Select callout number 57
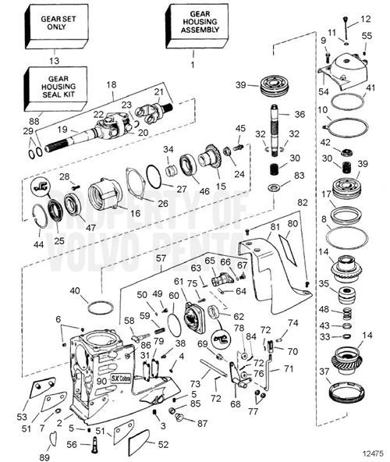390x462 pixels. [161, 257]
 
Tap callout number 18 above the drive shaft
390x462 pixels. [111, 84]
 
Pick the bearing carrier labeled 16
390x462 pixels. [103, 194]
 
